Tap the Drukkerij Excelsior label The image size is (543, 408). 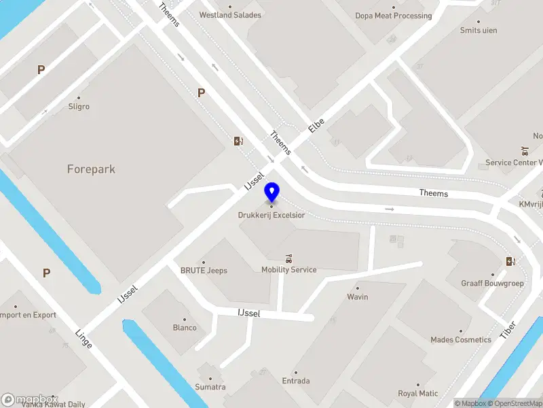(x=271, y=215)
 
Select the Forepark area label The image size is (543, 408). (x=91, y=169)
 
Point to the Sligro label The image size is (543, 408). (x=79, y=107)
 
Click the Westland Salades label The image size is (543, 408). (x=230, y=15)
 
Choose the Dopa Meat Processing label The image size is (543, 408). (x=394, y=16)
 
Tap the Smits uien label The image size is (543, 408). (x=479, y=31)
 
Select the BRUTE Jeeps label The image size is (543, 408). (x=204, y=270)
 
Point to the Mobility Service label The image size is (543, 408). (x=289, y=269)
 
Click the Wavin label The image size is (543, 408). (x=358, y=296)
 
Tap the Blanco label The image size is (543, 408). (x=185, y=327)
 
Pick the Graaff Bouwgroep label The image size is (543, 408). (x=493, y=283)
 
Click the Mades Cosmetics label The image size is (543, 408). (x=461, y=339)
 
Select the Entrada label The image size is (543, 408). (x=296, y=381)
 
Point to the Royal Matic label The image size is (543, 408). (x=418, y=393)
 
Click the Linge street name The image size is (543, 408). (x=83, y=338)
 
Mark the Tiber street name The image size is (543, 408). (x=508, y=329)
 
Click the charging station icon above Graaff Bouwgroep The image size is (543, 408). (x=510, y=262)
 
